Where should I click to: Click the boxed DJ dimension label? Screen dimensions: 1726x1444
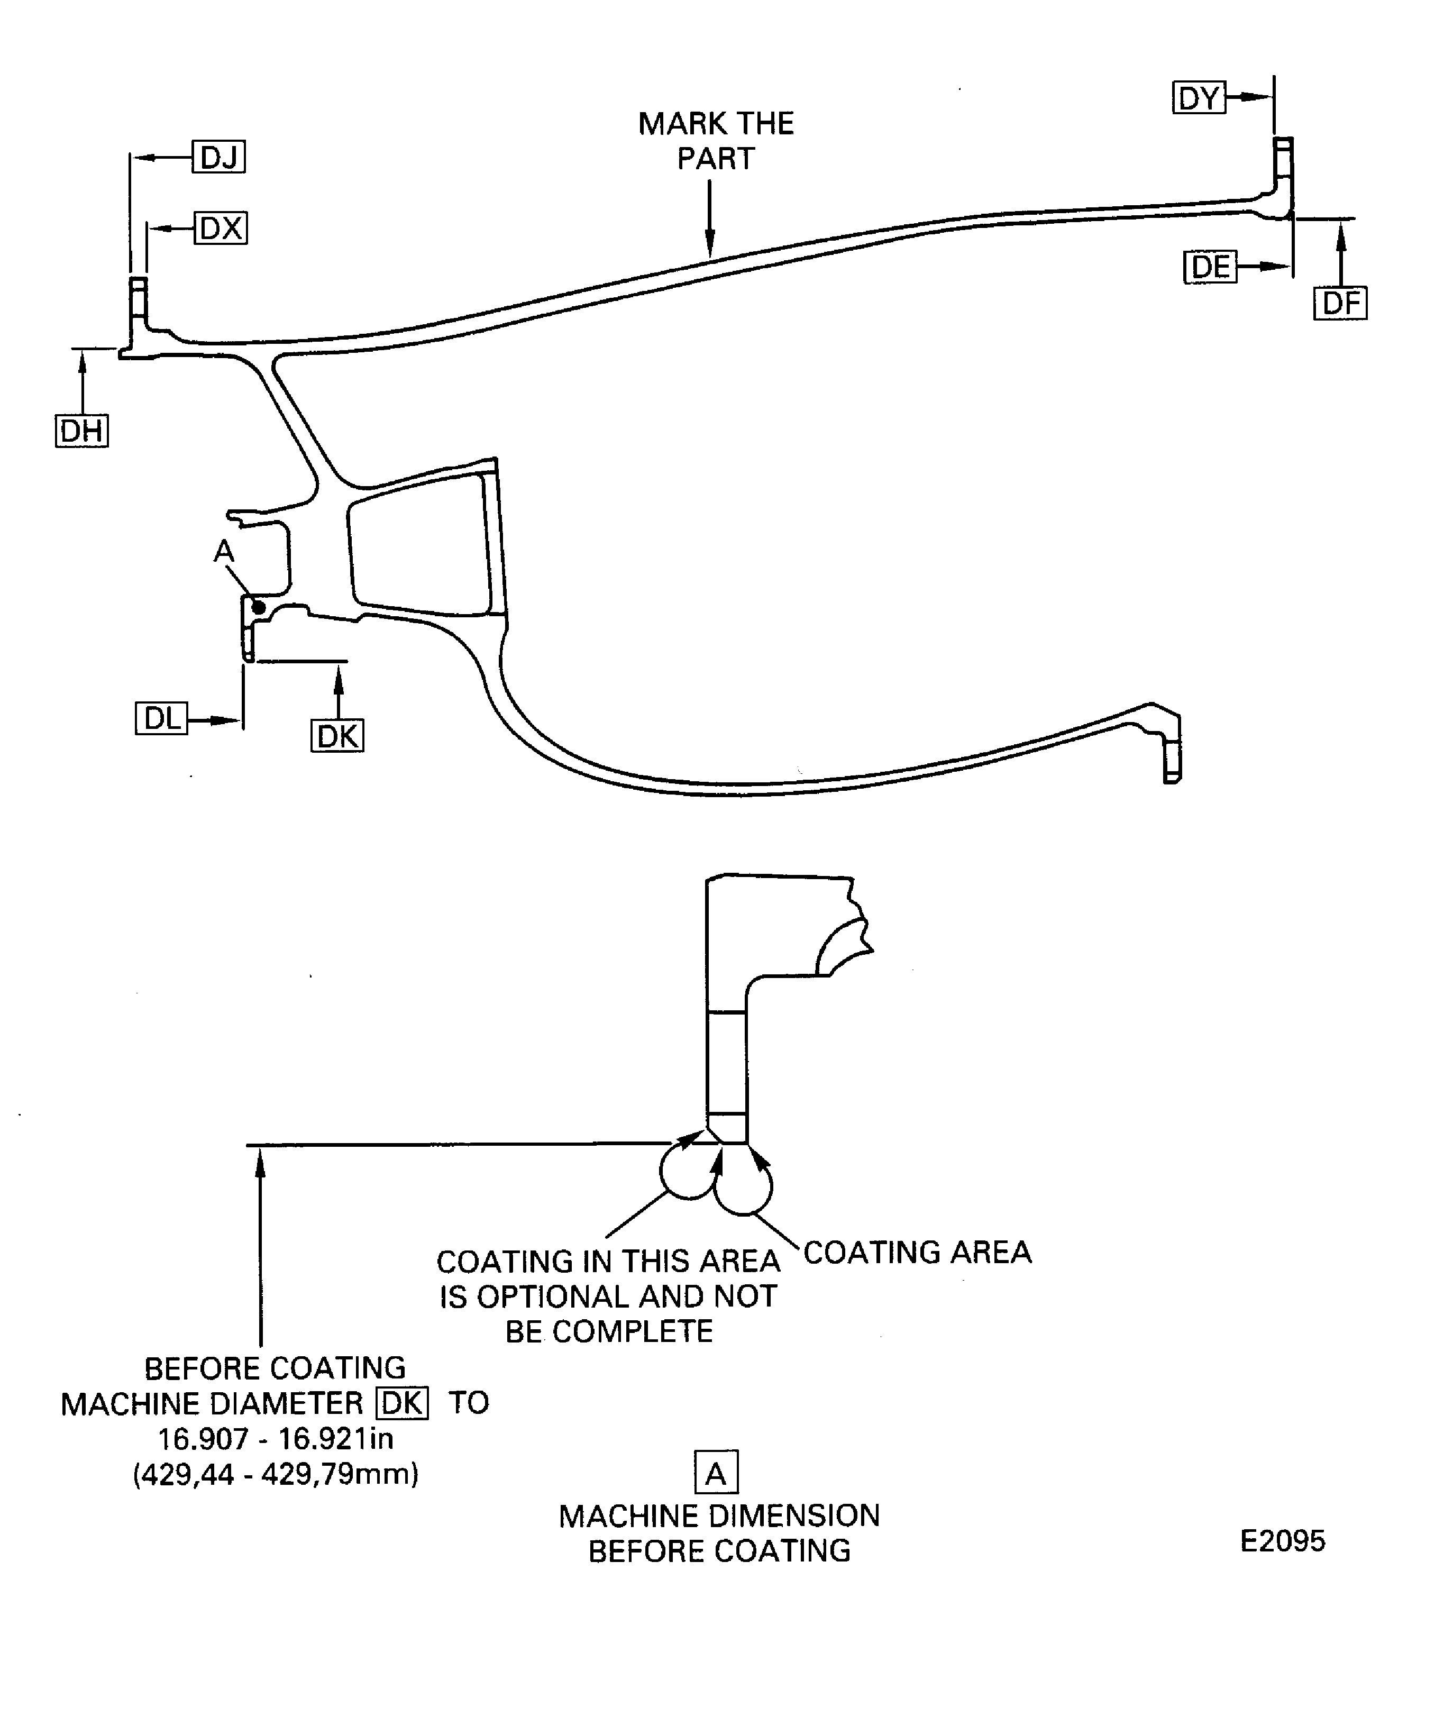[x=218, y=156]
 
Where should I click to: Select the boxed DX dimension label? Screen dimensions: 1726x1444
[x=220, y=227]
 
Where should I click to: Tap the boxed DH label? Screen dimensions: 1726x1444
[x=81, y=431]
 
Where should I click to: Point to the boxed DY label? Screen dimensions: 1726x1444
[x=1198, y=98]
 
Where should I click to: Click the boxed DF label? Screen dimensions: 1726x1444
[x=1340, y=303]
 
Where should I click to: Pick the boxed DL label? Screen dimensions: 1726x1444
[x=161, y=718]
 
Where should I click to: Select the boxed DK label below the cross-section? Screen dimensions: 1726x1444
[x=337, y=736]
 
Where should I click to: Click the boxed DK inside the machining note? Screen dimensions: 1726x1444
[x=402, y=1403]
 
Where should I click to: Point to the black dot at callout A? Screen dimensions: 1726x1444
[x=259, y=607]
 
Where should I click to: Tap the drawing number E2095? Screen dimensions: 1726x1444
[x=1282, y=1541]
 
